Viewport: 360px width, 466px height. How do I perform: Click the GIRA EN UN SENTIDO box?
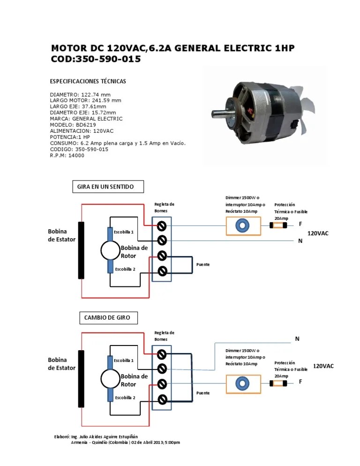point(108,187)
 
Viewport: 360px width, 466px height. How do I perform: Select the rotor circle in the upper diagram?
point(110,250)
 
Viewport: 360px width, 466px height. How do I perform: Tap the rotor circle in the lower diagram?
point(110,378)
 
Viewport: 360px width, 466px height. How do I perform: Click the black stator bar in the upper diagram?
point(81,250)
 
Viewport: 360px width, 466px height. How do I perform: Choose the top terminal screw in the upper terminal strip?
point(162,226)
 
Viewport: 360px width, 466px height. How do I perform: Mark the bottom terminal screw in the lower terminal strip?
point(162,399)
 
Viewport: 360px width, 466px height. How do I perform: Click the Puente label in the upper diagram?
point(203,264)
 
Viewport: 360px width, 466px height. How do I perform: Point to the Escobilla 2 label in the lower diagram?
point(125,398)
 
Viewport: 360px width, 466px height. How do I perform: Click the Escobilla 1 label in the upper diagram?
point(125,232)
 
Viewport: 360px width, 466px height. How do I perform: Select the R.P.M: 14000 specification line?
point(67,156)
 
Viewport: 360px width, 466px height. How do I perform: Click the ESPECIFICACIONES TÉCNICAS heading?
point(88,81)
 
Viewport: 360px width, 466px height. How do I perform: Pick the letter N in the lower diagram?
point(297,338)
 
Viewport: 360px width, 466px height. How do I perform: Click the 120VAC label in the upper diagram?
point(318,233)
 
